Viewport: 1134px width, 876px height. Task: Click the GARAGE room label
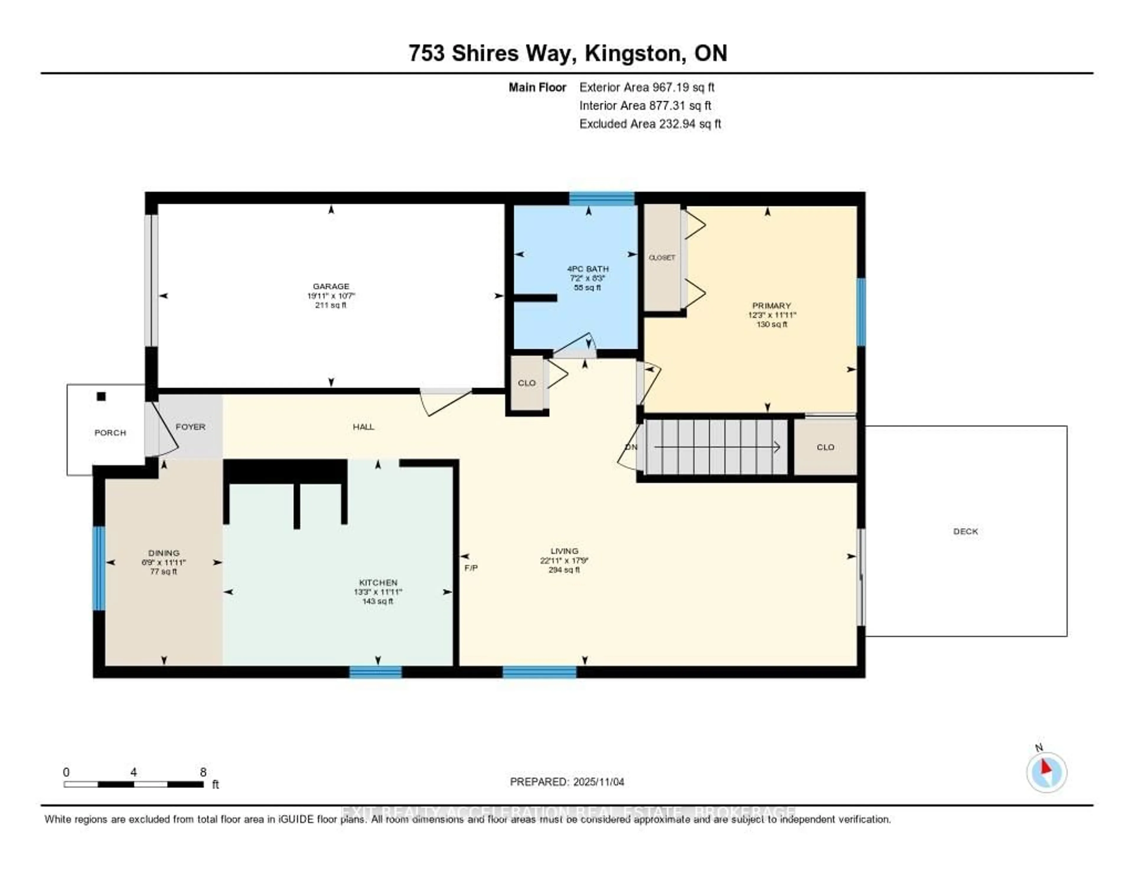click(331, 286)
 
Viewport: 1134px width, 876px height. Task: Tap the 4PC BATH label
click(588, 269)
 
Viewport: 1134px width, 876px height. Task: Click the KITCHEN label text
click(378, 583)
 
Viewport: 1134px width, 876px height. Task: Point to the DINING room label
click(164, 553)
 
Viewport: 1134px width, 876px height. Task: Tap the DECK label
click(965, 531)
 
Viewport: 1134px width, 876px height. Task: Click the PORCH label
click(110, 433)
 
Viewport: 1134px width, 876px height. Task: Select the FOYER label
click(190, 427)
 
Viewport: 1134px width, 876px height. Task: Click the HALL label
click(364, 427)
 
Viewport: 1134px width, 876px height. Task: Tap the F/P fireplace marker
click(471, 568)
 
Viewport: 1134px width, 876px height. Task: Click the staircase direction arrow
click(716, 447)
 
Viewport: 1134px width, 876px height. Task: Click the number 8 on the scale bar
click(203, 772)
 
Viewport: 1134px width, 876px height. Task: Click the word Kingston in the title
click(633, 53)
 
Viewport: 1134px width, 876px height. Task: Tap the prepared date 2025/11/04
click(599, 782)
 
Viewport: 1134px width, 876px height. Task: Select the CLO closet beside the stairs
click(825, 447)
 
